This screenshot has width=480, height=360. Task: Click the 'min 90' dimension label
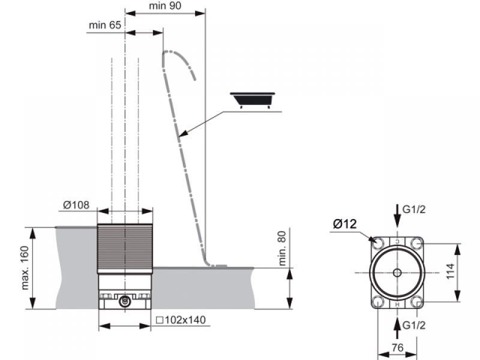165,6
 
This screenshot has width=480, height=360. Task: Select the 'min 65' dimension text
105,25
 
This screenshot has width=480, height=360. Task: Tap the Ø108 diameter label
76,205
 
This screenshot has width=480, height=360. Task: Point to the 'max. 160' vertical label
25,268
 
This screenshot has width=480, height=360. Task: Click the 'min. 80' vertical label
282,248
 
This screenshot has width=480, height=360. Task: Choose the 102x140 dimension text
181,320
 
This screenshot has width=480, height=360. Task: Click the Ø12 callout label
344,224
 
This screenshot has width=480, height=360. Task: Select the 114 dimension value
451,271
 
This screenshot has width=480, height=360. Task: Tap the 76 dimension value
397,347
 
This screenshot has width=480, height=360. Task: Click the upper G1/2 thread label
414,209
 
